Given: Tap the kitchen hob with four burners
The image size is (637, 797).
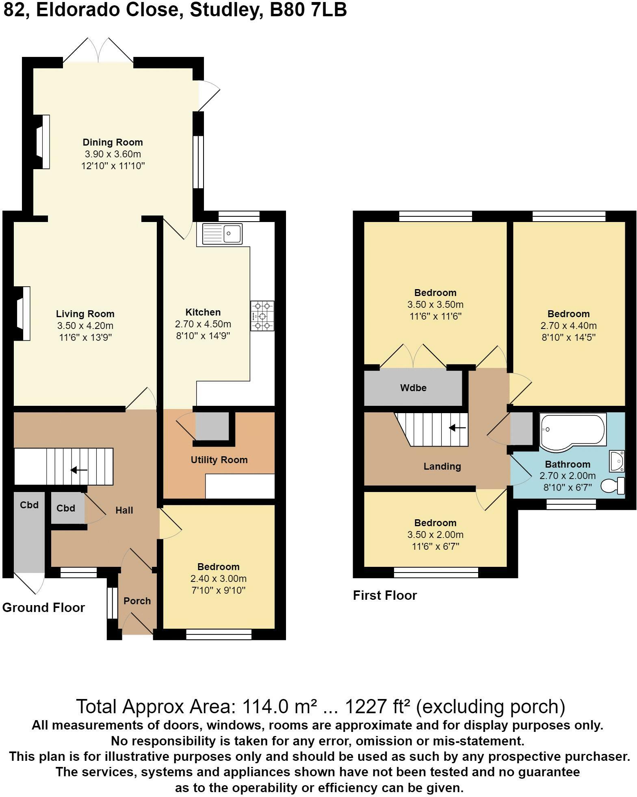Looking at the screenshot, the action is click(x=262, y=316).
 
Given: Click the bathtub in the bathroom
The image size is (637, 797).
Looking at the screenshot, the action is click(x=573, y=432).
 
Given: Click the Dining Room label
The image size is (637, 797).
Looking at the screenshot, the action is click(x=113, y=142).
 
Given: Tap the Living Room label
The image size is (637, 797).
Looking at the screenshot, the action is click(x=85, y=314).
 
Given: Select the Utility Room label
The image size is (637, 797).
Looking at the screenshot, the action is click(x=219, y=460).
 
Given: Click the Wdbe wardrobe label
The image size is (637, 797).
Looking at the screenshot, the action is click(x=414, y=388).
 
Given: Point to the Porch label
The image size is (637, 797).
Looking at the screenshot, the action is click(x=137, y=601).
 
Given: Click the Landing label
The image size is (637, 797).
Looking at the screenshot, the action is click(x=442, y=466).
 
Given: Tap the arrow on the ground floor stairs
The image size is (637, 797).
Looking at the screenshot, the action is click(x=79, y=470).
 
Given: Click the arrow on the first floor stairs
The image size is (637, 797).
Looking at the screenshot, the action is click(x=457, y=428).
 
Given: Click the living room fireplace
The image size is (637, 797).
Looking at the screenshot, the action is click(x=22, y=314).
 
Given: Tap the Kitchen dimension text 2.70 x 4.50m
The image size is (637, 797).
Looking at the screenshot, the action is click(x=203, y=324).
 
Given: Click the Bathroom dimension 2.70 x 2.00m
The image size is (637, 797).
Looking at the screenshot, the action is click(x=568, y=476).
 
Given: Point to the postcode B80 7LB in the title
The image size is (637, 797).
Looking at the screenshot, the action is click(x=308, y=10).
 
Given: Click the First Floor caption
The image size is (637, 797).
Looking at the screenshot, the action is click(x=385, y=595).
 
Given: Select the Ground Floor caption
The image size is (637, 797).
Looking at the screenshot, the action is click(x=43, y=608).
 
